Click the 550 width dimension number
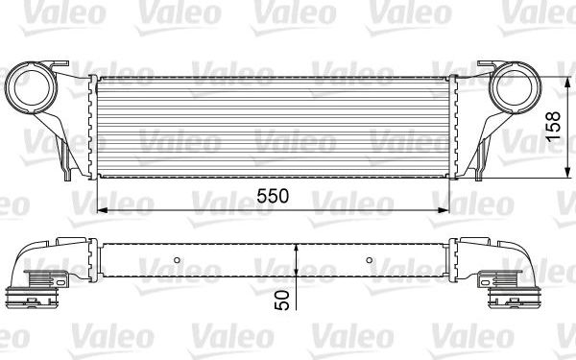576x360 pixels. (273, 196)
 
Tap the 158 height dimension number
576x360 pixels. (553, 125)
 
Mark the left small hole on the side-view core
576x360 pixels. (179, 260)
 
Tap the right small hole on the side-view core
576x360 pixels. (371, 260)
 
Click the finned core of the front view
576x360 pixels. (274, 125)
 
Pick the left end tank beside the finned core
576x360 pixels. (92, 125)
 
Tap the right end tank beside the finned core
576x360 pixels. (457, 125)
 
